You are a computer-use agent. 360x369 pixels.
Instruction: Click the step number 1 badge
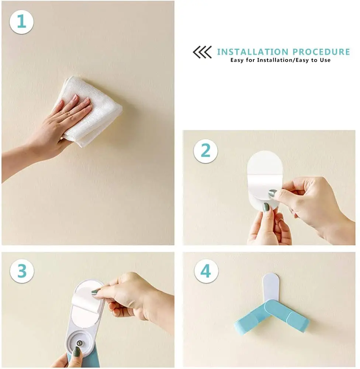[x=21, y=22]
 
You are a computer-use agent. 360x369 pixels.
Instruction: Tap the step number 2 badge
[x=205, y=151]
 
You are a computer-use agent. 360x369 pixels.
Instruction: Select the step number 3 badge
[x=22, y=271]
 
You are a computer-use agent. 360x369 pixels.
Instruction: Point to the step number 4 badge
[x=206, y=271]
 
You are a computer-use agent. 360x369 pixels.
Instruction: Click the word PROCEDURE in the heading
[x=321, y=52]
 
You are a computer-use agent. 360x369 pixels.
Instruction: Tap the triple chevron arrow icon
[x=202, y=52]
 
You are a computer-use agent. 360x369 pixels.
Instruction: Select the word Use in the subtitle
[x=325, y=60]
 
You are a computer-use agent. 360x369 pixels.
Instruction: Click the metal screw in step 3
[x=80, y=343]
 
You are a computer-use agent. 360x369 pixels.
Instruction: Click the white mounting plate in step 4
[x=271, y=287]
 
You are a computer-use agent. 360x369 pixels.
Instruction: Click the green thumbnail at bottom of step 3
[x=77, y=352]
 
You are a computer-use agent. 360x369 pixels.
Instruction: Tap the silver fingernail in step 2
[x=273, y=193]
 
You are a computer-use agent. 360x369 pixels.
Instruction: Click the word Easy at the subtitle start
[x=237, y=60]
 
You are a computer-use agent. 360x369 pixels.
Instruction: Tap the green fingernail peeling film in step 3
[x=95, y=292]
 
